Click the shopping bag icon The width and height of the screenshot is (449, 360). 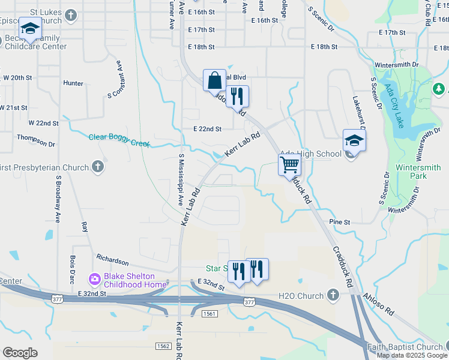tap(214, 79)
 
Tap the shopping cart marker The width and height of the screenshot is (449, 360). tap(290, 164)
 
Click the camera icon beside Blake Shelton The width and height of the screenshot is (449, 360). tap(94, 279)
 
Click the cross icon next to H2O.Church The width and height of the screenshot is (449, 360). tap(334, 295)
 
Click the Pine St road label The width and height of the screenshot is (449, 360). tap(340, 222)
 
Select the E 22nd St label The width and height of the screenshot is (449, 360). tap(208, 129)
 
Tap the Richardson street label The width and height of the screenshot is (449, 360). tap(112, 262)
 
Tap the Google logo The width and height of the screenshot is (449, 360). tap(20, 353)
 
